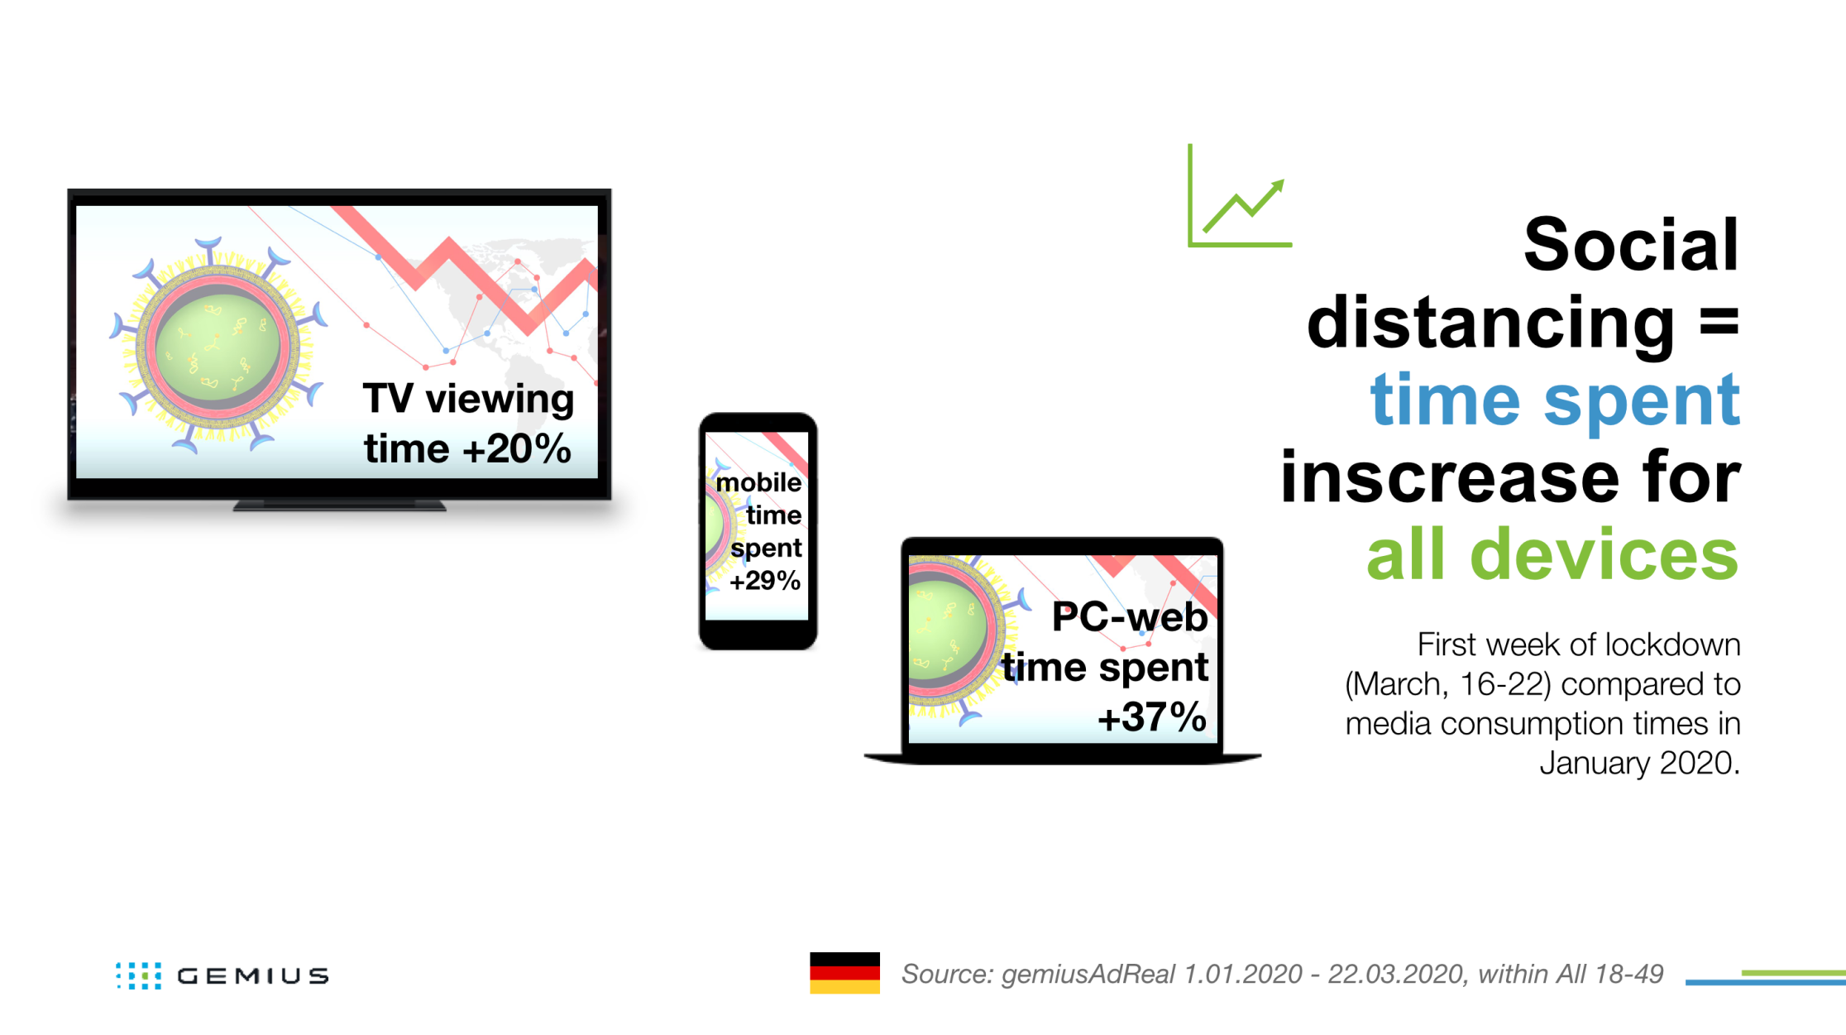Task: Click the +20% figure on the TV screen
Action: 517,449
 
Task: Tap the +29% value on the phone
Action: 765,581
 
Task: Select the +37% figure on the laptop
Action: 1152,716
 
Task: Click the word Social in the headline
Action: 1631,244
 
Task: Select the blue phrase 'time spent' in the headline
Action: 1555,400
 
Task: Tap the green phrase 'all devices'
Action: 1552,553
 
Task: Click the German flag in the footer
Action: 844,973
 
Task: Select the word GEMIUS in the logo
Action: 253,976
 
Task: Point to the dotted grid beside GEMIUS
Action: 138,975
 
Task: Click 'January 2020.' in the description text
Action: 1639,763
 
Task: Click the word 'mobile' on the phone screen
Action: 758,482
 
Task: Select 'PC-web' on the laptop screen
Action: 1130,617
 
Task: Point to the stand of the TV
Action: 339,506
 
